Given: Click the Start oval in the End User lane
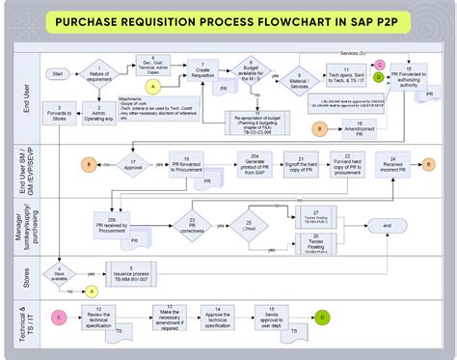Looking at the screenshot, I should pos(59,72).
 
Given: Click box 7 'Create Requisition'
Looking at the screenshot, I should pos(202,72).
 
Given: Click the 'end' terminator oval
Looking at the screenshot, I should pos(388,225).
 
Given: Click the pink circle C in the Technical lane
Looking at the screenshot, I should pos(59,317).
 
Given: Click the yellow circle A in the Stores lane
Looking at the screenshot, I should pos(93,290).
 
